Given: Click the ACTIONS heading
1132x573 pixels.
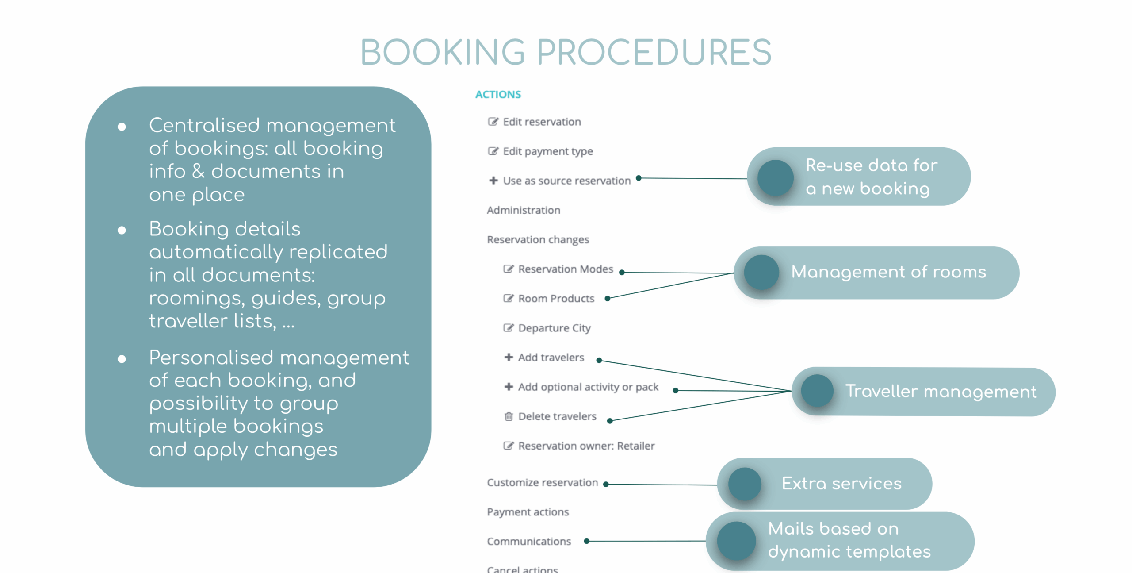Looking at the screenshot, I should click(x=498, y=94).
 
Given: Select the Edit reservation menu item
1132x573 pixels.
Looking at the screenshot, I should click(x=541, y=122).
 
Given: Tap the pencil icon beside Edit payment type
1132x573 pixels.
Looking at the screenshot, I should click(x=493, y=151).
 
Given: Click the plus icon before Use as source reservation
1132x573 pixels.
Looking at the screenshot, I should click(x=493, y=181).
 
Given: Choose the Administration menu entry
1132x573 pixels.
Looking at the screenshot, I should click(x=523, y=210).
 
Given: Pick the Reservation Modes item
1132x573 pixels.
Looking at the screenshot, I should click(x=565, y=269).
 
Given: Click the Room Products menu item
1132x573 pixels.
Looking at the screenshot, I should click(x=556, y=299).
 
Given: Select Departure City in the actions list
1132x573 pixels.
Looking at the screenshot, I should click(x=554, y=328).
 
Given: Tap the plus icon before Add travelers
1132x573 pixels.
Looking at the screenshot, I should click(x=509, y=357).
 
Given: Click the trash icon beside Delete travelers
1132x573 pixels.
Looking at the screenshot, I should click(x=509, y=416).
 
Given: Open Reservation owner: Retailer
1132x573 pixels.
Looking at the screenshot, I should click(x=586, y=446).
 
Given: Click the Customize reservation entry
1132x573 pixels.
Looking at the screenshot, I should click(x=542, y=482).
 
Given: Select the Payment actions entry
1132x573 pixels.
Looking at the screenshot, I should click(x=528, y=512).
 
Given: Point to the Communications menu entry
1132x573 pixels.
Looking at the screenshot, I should click(x=528, y=541).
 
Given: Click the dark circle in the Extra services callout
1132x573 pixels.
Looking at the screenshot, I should click(x=745, y=484).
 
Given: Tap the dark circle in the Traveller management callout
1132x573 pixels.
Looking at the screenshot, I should click(x=817, y=391).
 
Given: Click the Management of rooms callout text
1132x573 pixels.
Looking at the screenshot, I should click(x=888, y=272).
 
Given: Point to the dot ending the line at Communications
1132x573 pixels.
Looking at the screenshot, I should click(x=587, y=541).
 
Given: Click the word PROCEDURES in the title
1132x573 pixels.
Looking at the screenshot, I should click(x=654, y=52).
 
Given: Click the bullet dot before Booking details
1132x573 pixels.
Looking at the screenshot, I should click(x=122, y=230).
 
